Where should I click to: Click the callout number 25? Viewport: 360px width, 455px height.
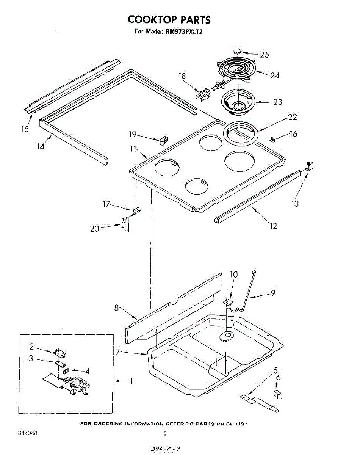pos(265,55)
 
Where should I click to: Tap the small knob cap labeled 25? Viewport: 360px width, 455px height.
pos(237,51)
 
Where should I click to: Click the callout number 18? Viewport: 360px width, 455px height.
pos(182,76)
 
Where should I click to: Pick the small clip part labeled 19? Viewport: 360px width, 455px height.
pos(164,140)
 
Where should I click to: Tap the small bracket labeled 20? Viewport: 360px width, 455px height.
pos(124,224)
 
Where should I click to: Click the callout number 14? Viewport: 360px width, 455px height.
pos(41,146)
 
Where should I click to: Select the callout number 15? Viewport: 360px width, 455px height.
pos(25,129)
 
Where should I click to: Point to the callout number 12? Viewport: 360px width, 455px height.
pos(273,226)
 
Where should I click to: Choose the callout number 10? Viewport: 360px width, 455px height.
pos(234,275)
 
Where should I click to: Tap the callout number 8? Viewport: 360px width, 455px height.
pos(117,308)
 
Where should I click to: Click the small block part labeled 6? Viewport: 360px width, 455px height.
pos(278,394)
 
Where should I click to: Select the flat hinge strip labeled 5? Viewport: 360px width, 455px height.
pos(260,403)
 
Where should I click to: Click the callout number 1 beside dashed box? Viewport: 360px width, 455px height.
pos(131,381)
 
